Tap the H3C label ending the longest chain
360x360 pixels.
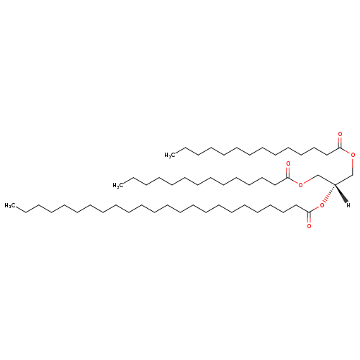pyautogui.click(x=9, y=205)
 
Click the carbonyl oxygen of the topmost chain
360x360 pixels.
pyautogui.click(x=340, y=134)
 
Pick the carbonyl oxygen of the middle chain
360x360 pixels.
pyautogui.click(x=288, y=164)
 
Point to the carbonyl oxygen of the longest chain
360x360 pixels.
pyautogui.click(x=309, y=226)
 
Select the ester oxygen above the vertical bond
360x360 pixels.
pyautogui.click(x=353, y=155)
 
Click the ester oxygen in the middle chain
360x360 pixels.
pyautogui.click(x=300, y=185)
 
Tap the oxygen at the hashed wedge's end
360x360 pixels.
pyautogui.click(x=322, y=205)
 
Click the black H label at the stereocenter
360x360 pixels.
pyautogui.click(x=348, y=205)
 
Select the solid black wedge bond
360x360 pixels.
pyautogui.click(x=341, y=194)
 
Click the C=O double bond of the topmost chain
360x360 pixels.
pyautogui.click(x=340, y=143)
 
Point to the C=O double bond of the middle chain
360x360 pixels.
pyautogui.click(x=288, y=173)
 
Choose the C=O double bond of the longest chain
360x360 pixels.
pyautogui.click(x=309, y=217)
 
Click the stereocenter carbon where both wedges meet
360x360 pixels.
pyautogui.click(x=335, y=185)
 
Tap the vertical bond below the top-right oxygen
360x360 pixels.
pyautogui.click(x=353, y=166)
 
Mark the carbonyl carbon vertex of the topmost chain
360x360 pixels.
pyautogui.click(x=340, y=148)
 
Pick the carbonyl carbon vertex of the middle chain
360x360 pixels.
pyautogui.click(x=288, y=178)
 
